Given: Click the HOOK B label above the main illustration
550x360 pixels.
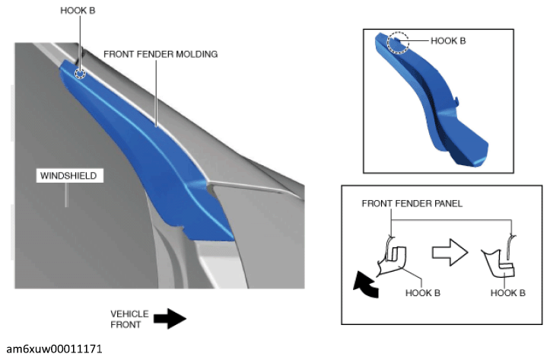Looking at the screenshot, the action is point(78,11).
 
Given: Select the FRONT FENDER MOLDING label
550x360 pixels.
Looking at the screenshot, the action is point(161,54).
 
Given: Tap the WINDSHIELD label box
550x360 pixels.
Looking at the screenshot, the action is point(69,176).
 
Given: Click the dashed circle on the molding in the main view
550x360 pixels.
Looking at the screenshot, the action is point(81,73).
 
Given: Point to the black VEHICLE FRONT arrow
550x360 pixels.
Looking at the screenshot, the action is point(170,319).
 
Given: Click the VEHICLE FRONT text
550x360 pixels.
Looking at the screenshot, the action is point(129,319).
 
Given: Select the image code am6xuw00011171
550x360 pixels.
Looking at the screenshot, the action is point(54,349).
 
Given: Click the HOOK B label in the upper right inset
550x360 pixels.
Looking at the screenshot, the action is point(448,40).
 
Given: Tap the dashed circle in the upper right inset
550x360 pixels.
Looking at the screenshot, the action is point(398,43).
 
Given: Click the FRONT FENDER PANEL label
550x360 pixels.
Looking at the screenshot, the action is point(412,203).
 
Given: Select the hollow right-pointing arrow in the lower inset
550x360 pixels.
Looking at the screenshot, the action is point(450,252).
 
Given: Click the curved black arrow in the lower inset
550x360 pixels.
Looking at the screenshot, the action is point(365,285).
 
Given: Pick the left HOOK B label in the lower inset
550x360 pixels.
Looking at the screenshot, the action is point(423,292).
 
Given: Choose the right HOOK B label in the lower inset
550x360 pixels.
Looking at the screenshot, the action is point(507,292).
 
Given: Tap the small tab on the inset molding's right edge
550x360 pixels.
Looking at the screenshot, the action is point(457,100).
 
